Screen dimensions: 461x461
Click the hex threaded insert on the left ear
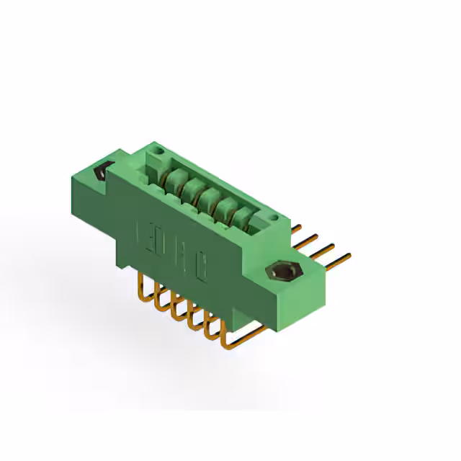tap(102, 173)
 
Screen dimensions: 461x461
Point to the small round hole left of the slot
tap(160, 152)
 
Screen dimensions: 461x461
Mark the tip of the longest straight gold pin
tap(349, 253)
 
